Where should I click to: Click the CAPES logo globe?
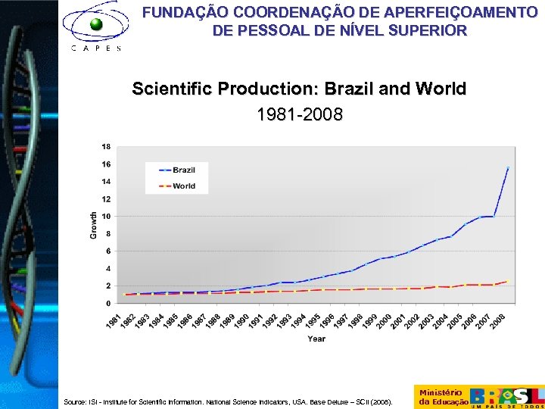96,24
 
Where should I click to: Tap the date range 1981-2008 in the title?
300,115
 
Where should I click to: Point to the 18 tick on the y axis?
107,146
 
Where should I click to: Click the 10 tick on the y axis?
107,217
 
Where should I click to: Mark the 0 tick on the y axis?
109,304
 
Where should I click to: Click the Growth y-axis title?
94,225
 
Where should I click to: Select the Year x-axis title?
316,339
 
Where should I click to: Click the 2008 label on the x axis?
498,320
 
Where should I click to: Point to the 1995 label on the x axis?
313,320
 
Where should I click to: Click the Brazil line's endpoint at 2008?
508,167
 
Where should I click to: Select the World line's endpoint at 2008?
508,281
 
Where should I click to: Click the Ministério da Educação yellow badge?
441,397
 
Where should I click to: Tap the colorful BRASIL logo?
506,395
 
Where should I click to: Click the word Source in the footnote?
74,403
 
